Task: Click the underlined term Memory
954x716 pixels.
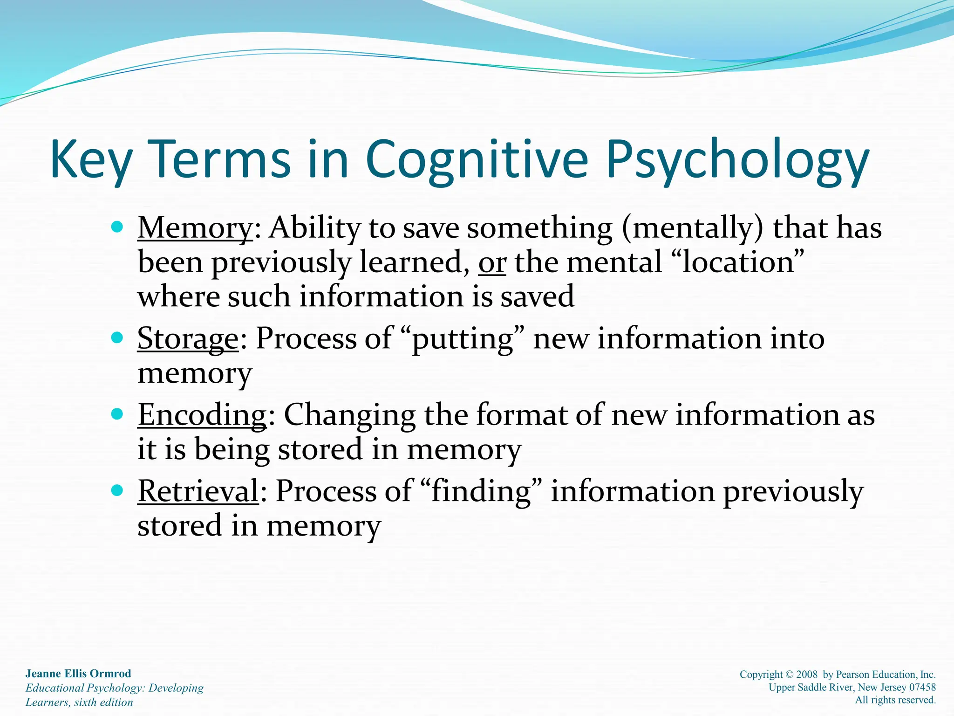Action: tap(195, 228)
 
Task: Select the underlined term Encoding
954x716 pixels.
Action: tap(202, 414)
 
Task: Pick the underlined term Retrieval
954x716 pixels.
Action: tap(198, 491)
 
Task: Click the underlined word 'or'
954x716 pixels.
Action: tap(492, 262)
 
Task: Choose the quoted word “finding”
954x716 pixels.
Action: tap(481, 491)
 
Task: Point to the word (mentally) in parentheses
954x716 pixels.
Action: tap(692, 228)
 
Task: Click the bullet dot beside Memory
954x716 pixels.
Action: tap(117, 227)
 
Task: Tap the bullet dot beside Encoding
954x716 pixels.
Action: tap(117, 414)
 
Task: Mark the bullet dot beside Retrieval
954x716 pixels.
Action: tap(117, 490)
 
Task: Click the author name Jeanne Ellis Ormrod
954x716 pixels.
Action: tap(78, 674)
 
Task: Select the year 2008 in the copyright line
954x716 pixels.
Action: tap(807, 675)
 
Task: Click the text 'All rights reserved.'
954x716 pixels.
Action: tap(895, 700)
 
